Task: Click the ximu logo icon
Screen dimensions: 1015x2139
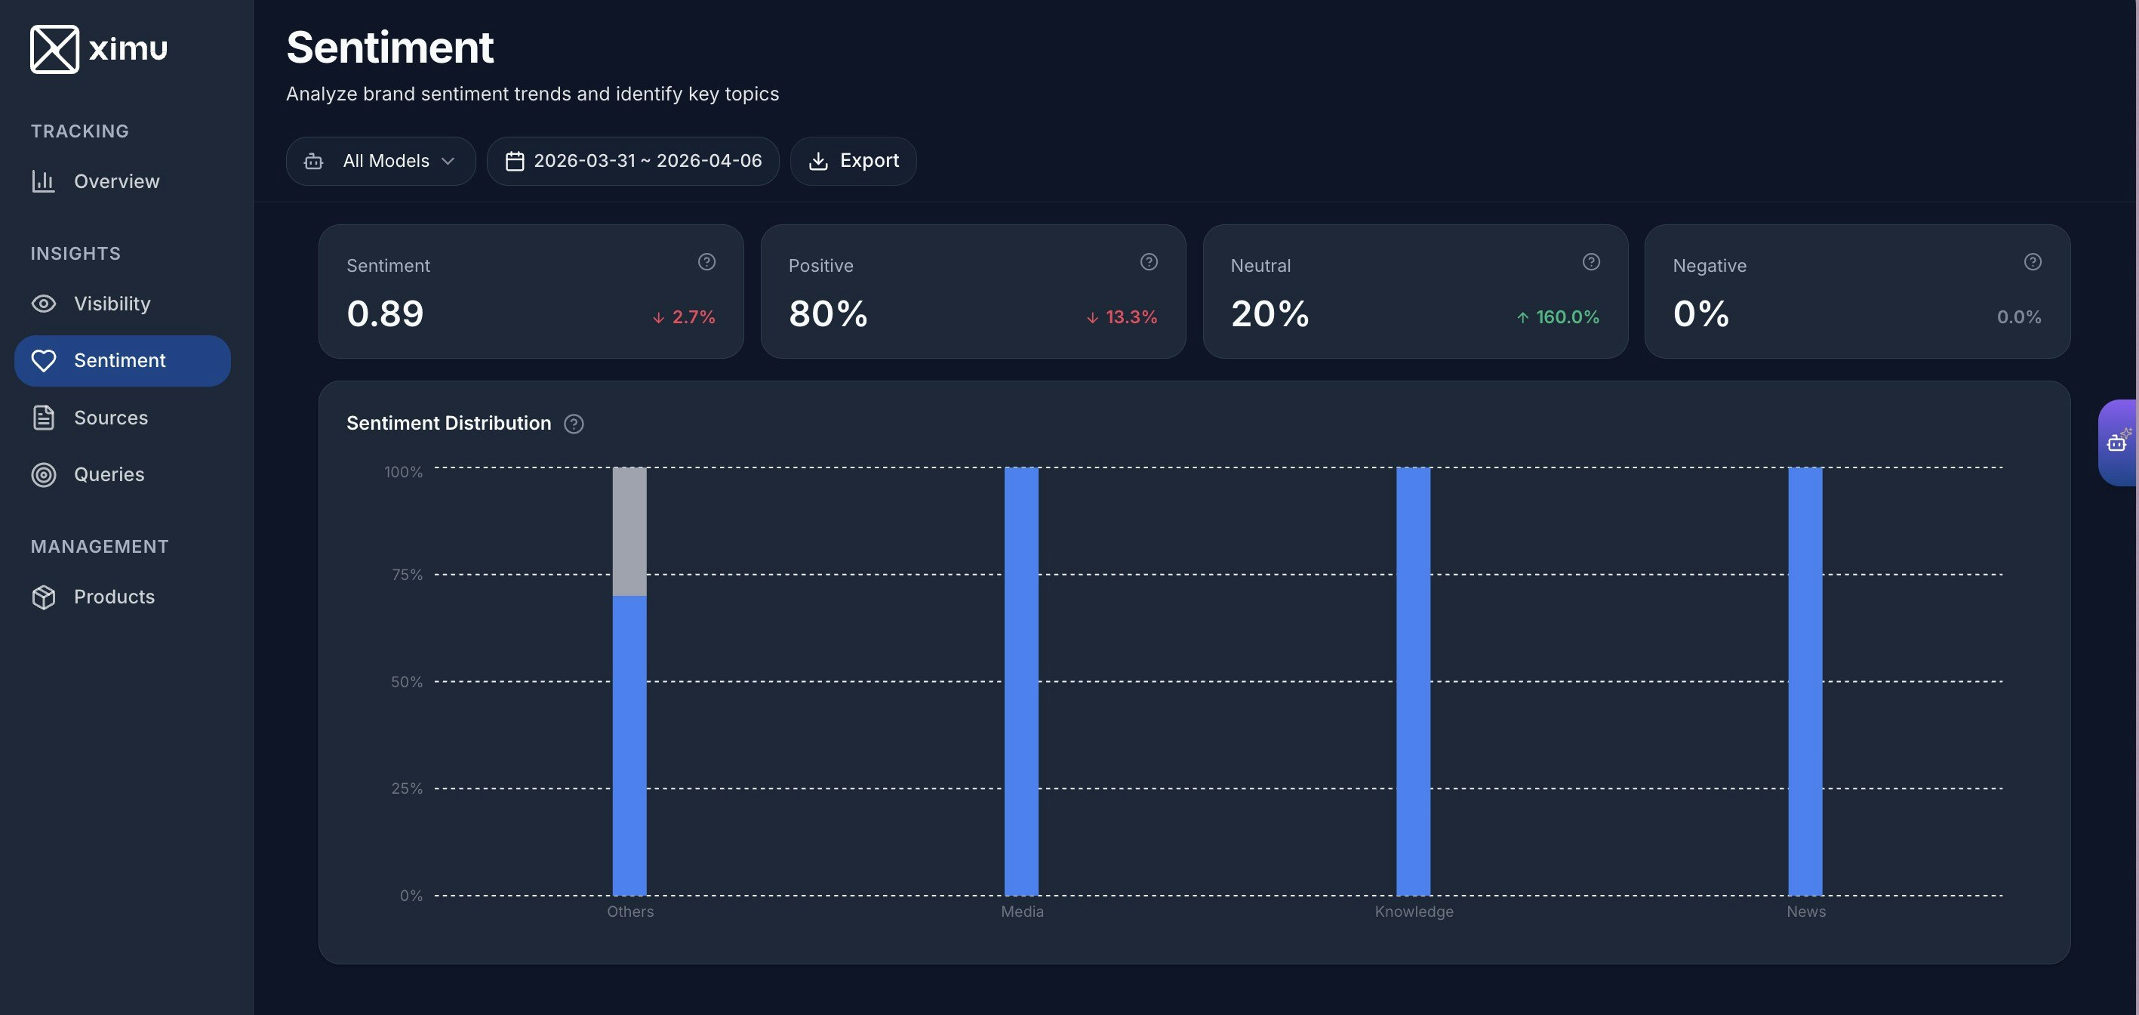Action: (x=54, y=49)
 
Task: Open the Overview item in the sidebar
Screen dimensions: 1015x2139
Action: (x=115, y=181)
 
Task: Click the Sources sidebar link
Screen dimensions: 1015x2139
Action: (x=110, y=417)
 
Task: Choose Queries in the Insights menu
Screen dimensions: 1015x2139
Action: (x=109, y=474)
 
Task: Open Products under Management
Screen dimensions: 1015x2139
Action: (x=114, y=597)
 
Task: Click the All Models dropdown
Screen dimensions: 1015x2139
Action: (x=380, y=161)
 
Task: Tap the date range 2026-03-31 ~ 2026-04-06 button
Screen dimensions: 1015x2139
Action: (x=632, y=161)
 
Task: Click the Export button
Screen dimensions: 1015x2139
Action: (x=853, y=161)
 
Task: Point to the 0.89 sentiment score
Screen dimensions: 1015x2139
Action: (x=385, y=314)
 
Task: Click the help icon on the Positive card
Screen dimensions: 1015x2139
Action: (x=1149, y=263)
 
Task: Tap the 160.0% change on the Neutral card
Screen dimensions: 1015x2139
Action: (x=1558, y=317)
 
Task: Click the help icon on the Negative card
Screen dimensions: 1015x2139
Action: (x=2032, y=263)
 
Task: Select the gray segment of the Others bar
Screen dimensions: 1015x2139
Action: (x=629, y=532)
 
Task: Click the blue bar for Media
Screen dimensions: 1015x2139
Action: (x=1021, y=681)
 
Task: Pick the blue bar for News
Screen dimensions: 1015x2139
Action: (x=1805, y=681)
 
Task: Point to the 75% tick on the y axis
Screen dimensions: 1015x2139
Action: (x=407, y=575)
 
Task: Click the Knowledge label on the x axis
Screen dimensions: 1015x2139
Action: (x=1413, y=912)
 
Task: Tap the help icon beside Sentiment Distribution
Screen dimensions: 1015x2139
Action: (x=574, y=424)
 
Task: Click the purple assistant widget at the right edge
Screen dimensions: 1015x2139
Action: (x=2117, y=443)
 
